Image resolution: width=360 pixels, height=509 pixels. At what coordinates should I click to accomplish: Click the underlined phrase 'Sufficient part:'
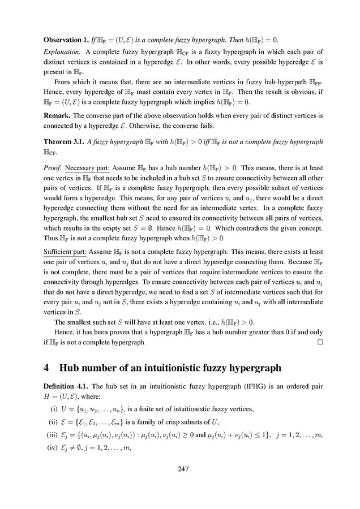pos(65,248)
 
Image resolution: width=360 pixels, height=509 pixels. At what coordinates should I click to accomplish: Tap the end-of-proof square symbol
pos(320,342)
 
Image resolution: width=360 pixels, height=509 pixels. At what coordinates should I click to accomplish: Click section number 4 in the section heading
pos(47,368)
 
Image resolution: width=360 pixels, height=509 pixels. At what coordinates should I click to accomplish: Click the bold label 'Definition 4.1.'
pos(66,391)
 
